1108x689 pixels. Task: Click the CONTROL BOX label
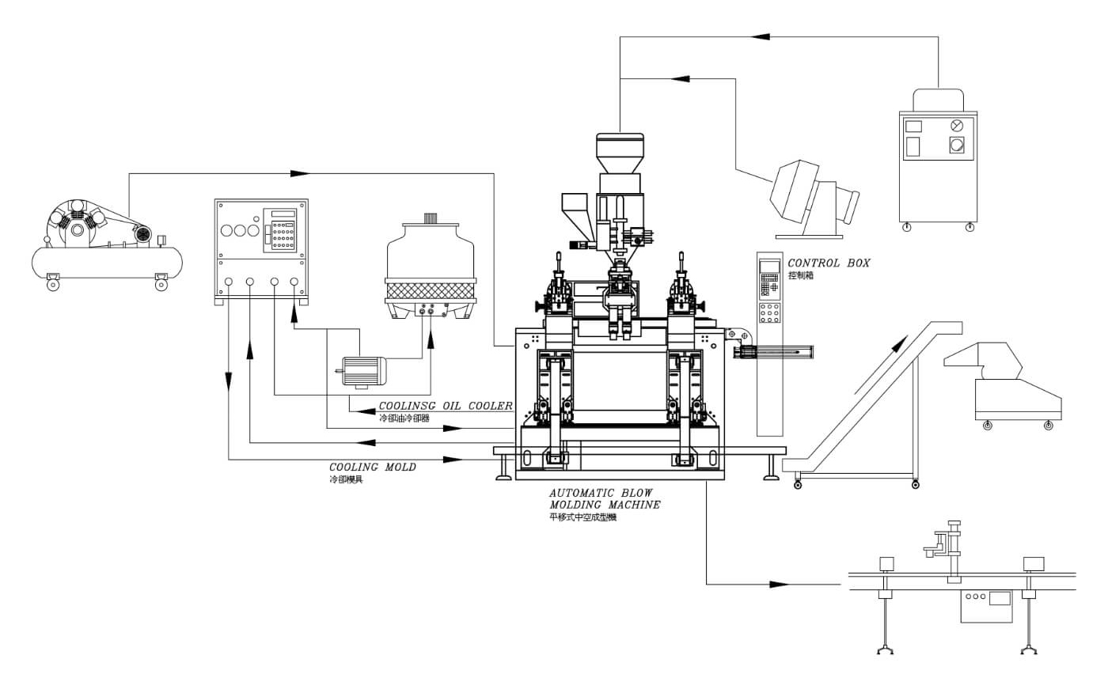click(x=828, y=263)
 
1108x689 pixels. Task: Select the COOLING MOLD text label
click(x=372, y=468)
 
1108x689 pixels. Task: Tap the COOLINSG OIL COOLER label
click(x=445, y=406)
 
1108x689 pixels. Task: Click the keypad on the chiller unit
click(x=283, y=235)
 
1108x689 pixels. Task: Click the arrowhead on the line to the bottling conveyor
click(x=779, y=585)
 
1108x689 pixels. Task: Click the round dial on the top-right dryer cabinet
click(x=958, y=124)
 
